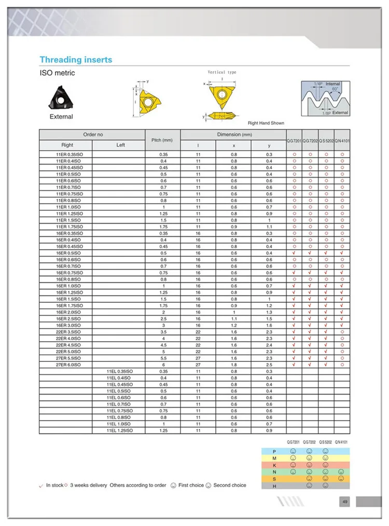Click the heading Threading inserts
[x=76, y=60]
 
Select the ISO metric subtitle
[x=57, y=73]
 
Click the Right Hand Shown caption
[x=266, y=123]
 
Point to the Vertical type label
[x=221, y=72]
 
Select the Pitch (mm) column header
[x=162, y=140]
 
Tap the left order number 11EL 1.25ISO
[x=119, y=430]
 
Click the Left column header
[x=120, y=145]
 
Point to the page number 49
[x=345, y=502]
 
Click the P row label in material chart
[x=274, y=452]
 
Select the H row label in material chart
[x=274, y=485]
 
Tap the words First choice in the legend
[x=191, y=485]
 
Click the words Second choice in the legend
[x=230, y=485]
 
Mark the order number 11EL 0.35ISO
[x=119, y=371]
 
